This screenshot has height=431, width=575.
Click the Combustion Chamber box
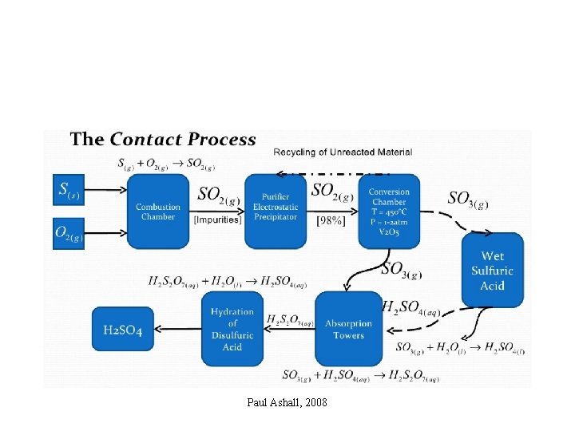point(157,211)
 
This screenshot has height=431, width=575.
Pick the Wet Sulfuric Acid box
point(492,270)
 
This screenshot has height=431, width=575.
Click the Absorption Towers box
point(348,328)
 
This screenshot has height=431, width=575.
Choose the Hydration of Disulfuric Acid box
point(232,328)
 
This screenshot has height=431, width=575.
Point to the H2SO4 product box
point(123,329)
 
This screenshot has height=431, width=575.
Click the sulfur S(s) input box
point(68,190)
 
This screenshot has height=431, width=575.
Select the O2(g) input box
point(68,233)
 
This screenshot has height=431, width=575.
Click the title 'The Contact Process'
point(163,140)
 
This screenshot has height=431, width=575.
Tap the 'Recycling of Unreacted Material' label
point(343,152)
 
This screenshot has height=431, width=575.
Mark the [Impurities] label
point(216,219)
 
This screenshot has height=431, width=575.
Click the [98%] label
point(331,219)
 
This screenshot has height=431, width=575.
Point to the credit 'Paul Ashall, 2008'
point(287,402)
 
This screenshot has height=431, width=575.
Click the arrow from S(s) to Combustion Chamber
point(106,190)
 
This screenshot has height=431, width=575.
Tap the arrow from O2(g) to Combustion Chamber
point(106,233)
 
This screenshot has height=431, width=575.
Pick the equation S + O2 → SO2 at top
point(167,164)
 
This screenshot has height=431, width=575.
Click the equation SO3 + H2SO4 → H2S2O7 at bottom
point(360,376)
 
